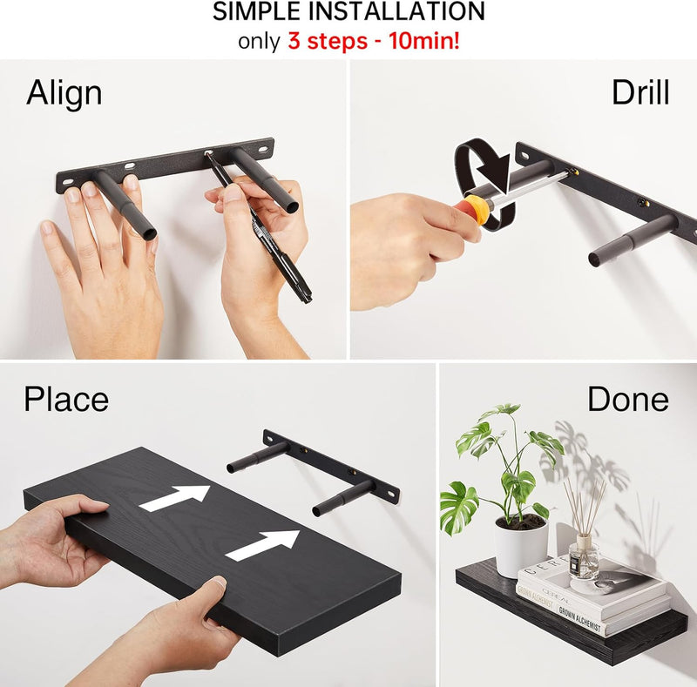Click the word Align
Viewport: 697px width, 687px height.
[64, 93]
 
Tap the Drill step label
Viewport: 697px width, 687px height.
[640, 92]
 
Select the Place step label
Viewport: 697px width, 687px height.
[66, 400]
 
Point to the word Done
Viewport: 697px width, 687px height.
[628, 400]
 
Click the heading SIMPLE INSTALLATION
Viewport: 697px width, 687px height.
[349, 12]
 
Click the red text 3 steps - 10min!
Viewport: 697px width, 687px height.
[373, 41]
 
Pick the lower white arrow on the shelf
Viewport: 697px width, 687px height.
[263, 544]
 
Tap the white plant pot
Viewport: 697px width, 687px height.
[521, 547]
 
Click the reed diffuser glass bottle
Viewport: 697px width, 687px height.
[584, 559]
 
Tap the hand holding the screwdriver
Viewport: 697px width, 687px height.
[401, 239]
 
